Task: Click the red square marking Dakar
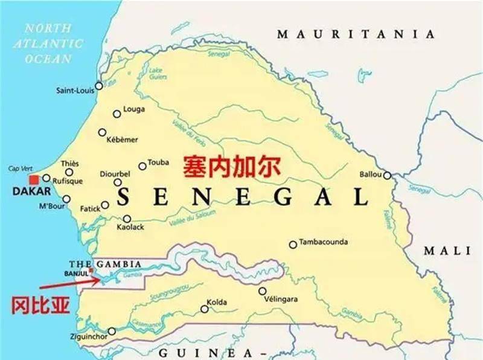pyautogui.click(x=34, y=180)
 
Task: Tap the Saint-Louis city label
pyautogui.click(x=75, y=91)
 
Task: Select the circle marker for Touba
pyautogui.click(x=142, y=166)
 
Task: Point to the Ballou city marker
pyautogui.click(x=386, y=176)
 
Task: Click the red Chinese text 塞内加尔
pyautogui.click(x=232, y=166)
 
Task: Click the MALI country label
pyautogui.click(x=446, y=251)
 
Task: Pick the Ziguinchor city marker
pyautogui.click(x=112, y=331)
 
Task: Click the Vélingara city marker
pyautogui.click(x=262, y=291)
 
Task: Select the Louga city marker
pyautogui.click(x=117, y=114)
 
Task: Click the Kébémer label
pyautogui.click(x=122, y=140)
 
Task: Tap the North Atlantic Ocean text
pyautogui.click(x=48, y=43)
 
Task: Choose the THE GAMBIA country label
pyautogui.click(x=105, y=265)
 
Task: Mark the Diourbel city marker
pyautogui.click(x=118, y=182)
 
